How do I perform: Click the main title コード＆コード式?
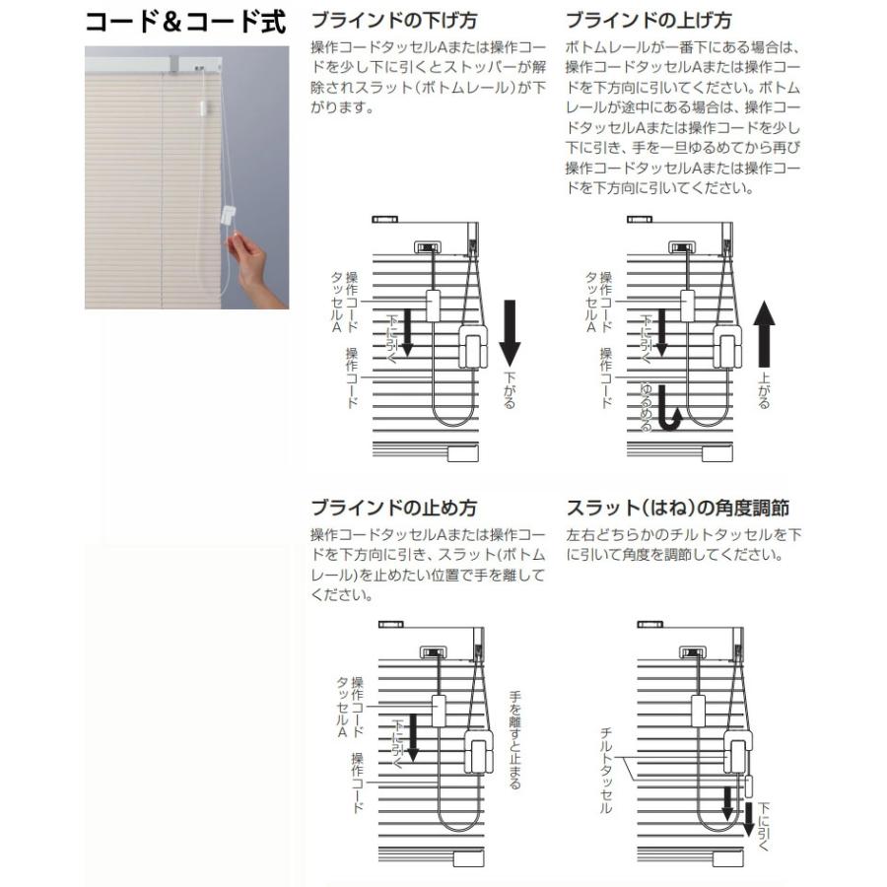click(184, 22)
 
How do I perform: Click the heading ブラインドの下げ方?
click(393, 20)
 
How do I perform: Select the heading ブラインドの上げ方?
click(649, 20)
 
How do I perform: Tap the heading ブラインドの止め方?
click(393, 509)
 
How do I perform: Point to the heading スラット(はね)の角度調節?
click(677, 509)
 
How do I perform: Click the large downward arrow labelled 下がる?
click(510, 330)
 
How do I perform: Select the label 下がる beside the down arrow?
click(510, 389)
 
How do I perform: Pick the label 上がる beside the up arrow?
click(765, 389)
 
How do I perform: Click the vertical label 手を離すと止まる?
click(514, 739)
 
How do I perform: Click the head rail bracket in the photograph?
click(183, 64)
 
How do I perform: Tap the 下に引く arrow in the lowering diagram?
click(406, 335)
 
